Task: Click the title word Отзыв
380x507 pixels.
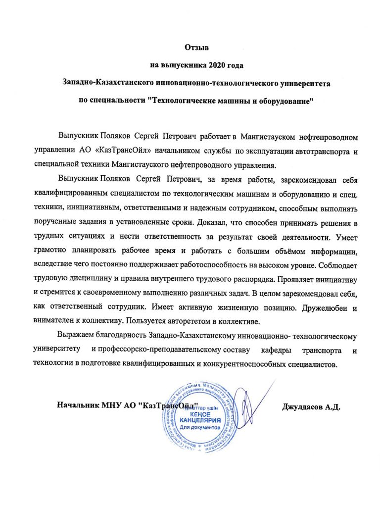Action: click(x=197, y=48)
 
